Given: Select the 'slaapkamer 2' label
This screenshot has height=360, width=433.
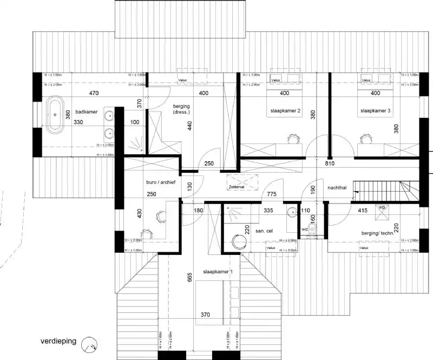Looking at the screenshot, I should pos(285,110).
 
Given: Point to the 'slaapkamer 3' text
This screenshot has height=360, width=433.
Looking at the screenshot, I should pos(375,110).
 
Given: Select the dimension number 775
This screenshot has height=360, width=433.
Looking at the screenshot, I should pos(273,194).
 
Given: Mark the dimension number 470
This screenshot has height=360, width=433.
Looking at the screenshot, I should pos(93,93).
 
